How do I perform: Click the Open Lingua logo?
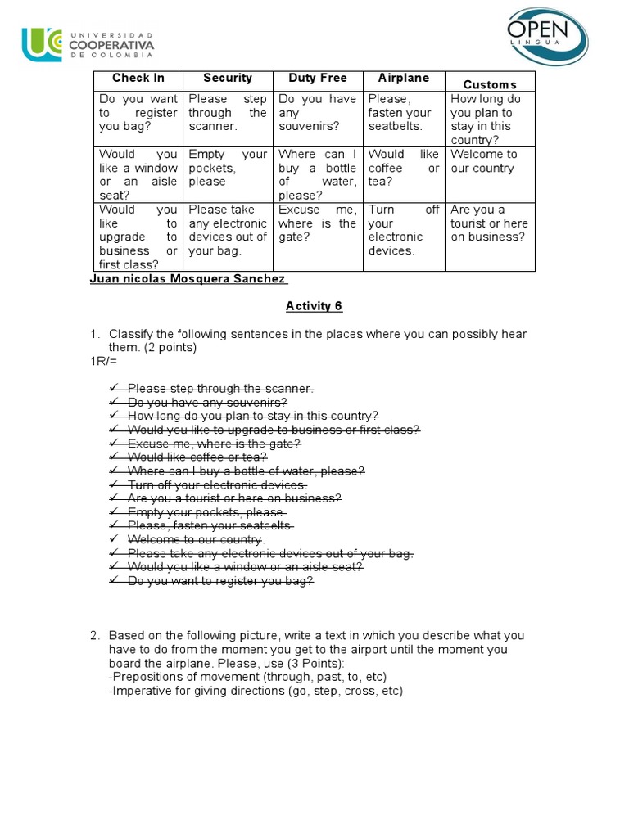click(x=546, y=37)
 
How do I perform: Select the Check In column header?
click(x=138, y=79)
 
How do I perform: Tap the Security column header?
click(x=227, y=79)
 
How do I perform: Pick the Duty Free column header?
click(x=317, y=79)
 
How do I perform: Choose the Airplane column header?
click(x=403, y=79)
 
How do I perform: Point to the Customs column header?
click(x=489, y=84)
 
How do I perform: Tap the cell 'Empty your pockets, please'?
click(x=227, y=168)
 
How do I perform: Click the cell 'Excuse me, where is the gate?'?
click(x=317, y=223)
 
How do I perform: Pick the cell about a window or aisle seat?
click(x=138, y=174)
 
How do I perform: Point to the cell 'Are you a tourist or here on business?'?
click(x=489, y=223)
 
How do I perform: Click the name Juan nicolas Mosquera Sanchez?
click(x=188, y=279)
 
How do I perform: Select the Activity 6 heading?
click(x=314, y=306)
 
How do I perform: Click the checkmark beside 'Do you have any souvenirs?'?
click(x=113, y=403)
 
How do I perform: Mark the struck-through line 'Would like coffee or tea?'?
click(x=197, y=457)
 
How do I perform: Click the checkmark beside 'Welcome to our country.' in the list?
click(x=113, y=539)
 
